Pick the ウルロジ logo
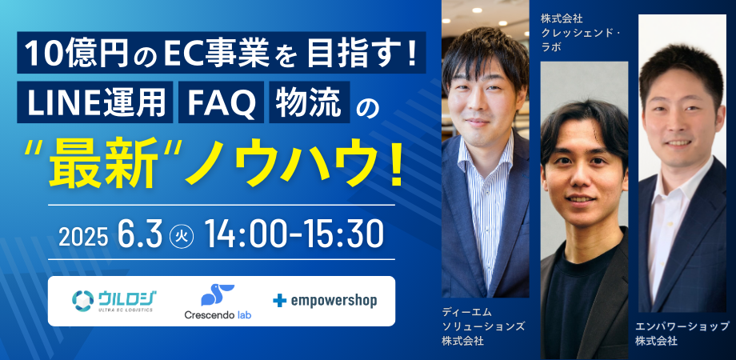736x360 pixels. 114,300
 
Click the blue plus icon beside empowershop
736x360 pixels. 279,302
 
